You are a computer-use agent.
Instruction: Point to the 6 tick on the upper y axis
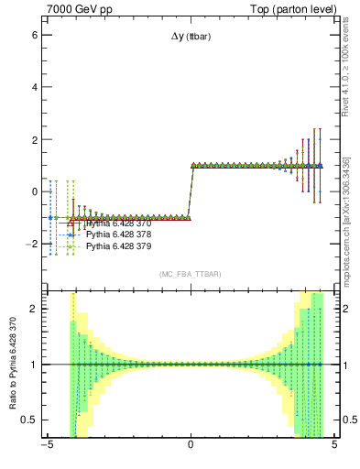[34, 34]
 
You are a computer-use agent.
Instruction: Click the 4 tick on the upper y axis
[34, 87]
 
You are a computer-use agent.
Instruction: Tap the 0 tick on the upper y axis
[34, 192]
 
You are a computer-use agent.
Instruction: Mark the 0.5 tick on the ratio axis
[29, 420]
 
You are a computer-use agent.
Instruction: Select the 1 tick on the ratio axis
[34, 365]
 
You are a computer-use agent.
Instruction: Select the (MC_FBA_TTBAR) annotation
[191, 274]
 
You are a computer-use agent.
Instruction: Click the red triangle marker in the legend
[71, 224]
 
